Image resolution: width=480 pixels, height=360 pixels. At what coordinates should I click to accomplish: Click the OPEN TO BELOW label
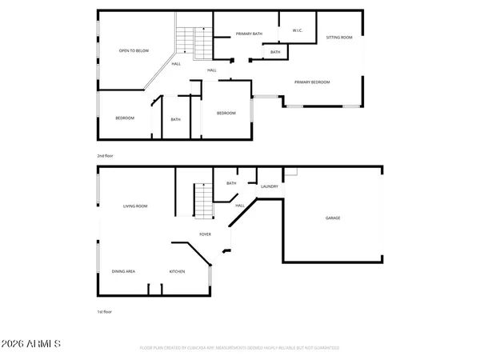click(134, 50)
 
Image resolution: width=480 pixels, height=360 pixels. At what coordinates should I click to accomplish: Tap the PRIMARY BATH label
click(250, 34)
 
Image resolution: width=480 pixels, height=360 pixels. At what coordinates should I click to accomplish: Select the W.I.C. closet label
click(297, 31)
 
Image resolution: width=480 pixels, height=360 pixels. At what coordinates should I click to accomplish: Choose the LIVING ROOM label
click(135, 206)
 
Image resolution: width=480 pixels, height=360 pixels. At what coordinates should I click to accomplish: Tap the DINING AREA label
click(123, 271)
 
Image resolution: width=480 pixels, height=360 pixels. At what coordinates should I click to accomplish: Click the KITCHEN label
click(177, 271)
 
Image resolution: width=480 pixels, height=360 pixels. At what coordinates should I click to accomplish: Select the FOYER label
click(205, 234)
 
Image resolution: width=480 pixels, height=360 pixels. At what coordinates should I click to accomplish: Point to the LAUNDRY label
click(270, 186)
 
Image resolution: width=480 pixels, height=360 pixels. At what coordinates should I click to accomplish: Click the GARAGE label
click(333, 218)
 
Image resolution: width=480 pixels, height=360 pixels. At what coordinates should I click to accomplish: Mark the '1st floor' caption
click(105, 312)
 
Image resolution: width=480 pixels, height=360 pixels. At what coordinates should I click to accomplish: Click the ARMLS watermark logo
click(31, 344)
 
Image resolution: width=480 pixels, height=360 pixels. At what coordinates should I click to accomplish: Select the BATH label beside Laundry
click(231, 183)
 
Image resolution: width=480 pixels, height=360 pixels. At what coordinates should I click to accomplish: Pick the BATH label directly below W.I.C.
click(274, 52)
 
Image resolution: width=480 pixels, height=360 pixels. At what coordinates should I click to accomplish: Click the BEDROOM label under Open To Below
click(125, 118)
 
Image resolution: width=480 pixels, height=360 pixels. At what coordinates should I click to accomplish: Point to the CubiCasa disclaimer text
click(240, 348)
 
